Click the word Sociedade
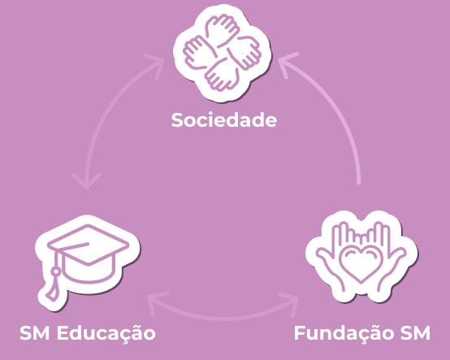[224, 119]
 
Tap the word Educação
[106, 333]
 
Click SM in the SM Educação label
[34, 333]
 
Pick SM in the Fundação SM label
[415, 333]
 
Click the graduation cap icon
[88, 262]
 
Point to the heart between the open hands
[361, 264]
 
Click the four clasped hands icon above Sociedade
[223, 53]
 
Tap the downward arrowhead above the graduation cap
[87, 181]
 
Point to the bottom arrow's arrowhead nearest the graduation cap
[155, 301]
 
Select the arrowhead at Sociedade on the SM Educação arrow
[158, 63]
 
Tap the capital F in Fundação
[301, 333]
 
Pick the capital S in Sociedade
[177, 119]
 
